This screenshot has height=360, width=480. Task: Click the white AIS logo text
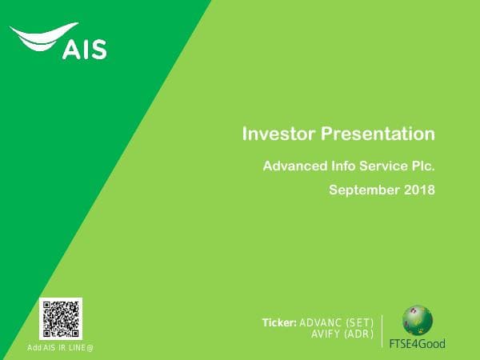click(x=84, y=50)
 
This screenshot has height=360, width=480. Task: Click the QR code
click(x=61, y=318)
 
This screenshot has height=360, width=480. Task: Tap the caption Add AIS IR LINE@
click(x=61, y=347)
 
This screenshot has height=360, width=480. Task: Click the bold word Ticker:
click(x=279, y=323)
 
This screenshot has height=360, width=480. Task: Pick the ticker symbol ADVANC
click(x=322, y=323)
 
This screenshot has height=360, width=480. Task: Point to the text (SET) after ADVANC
click(x=361, y=323)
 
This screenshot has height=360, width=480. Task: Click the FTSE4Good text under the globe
click(x=417, y=343)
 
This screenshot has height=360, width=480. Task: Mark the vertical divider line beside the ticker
click(x=382, y=330)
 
